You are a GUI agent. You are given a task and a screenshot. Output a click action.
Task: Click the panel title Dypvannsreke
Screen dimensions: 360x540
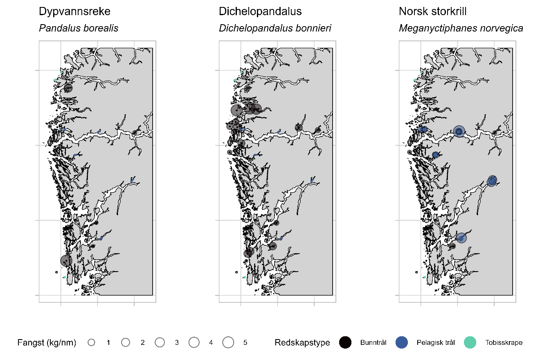(74, 12)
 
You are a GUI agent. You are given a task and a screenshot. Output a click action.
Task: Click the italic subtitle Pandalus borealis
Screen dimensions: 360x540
(79, 28)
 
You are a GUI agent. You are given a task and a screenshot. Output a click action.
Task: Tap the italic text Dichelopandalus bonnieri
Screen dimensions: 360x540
(275, 28)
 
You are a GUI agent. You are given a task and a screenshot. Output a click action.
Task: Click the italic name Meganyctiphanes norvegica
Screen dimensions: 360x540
(461, 28)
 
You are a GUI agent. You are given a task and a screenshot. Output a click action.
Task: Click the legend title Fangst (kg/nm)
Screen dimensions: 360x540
(47, 343)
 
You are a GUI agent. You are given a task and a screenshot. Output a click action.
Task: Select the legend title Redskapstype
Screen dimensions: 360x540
(302, 343)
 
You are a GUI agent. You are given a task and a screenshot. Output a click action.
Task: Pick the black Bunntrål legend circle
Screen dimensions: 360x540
(345, 343)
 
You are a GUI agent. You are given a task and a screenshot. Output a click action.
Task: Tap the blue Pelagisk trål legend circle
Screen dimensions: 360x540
(402, 343)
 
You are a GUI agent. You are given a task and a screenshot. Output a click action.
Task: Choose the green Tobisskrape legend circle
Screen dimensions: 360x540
(471, 343)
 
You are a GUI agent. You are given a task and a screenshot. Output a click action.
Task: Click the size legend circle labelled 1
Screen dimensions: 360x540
(91, 343)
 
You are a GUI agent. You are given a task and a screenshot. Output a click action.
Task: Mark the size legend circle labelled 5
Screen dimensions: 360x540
(228, 343)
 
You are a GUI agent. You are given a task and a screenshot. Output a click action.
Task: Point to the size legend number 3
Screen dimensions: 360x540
(177, 343)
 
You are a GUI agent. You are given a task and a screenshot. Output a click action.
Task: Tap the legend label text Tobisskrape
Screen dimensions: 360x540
(504, 343)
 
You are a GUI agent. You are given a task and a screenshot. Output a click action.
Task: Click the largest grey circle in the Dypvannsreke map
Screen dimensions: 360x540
(66, 260)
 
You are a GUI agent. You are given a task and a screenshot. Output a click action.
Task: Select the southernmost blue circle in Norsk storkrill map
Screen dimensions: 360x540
(461, 238)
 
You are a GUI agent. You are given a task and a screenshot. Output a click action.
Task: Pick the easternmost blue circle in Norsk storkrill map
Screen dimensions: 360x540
(492, 180)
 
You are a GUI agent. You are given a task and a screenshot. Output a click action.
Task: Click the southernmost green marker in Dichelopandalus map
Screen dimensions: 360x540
(245, 277)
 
